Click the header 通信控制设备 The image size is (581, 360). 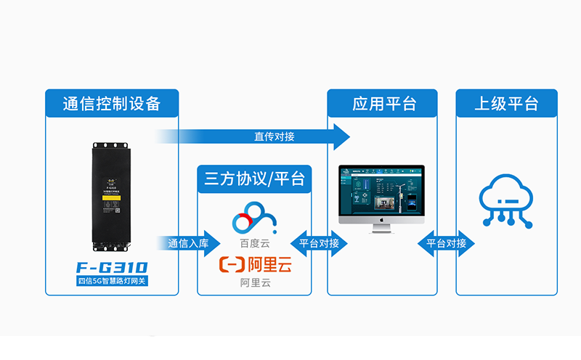[112, 104]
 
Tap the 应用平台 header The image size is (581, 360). [382, 104]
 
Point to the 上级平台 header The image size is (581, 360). [506, 104]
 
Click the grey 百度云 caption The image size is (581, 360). [254, 243]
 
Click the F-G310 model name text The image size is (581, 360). [112, 266]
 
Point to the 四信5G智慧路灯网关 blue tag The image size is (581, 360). [112, 279]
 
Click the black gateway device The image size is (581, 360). [112, 196]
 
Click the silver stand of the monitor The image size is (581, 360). [382, 228]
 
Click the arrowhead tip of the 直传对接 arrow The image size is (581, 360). [344, 136]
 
